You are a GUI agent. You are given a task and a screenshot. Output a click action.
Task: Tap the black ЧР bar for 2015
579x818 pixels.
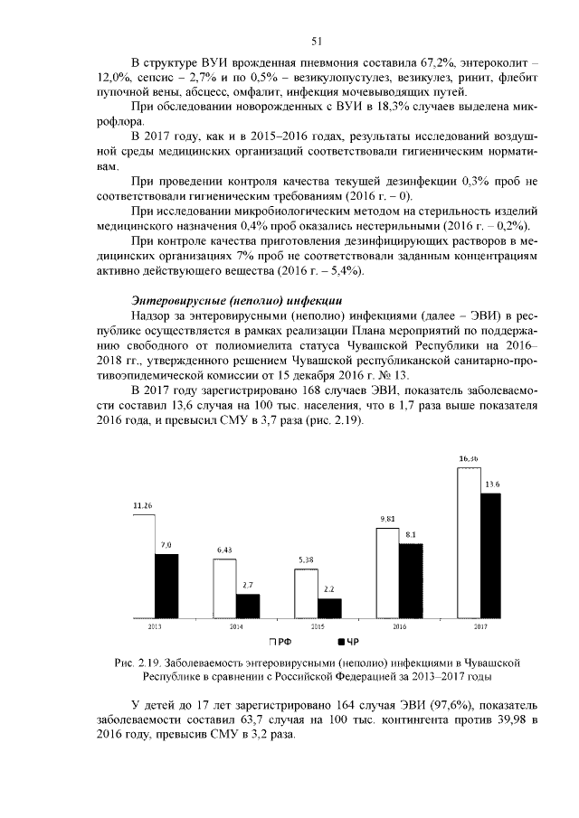pos(329,608)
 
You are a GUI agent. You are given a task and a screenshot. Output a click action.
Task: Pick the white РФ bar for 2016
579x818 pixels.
pos(387,573)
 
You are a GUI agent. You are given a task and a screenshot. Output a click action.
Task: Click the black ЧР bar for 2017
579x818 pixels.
pos(491,556)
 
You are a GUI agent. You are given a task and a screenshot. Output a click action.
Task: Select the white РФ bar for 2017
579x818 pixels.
pos(468,542)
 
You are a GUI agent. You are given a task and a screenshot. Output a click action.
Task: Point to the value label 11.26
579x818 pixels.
pos(142,505)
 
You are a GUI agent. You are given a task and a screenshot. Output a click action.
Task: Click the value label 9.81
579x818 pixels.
pos(387,519)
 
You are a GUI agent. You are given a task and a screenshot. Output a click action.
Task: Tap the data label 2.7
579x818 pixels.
pos(248,586)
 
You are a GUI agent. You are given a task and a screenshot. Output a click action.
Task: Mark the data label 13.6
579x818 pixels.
pos(492,484)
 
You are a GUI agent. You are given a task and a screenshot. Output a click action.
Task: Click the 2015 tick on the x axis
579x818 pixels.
pos(318,626)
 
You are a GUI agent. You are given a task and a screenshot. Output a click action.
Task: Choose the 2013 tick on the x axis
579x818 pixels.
pos(155,626)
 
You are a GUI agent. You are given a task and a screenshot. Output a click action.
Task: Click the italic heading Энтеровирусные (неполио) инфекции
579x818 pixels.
pos(234,297)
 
